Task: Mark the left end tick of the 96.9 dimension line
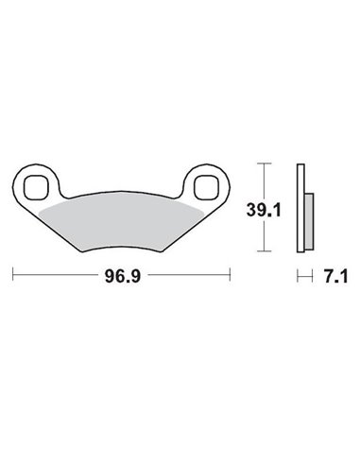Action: [x=13, y=277]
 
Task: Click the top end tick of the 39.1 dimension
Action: [x=267, y=164]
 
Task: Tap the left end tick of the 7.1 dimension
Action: [x=299, y=277]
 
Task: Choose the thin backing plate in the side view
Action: [x=301, y=210]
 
